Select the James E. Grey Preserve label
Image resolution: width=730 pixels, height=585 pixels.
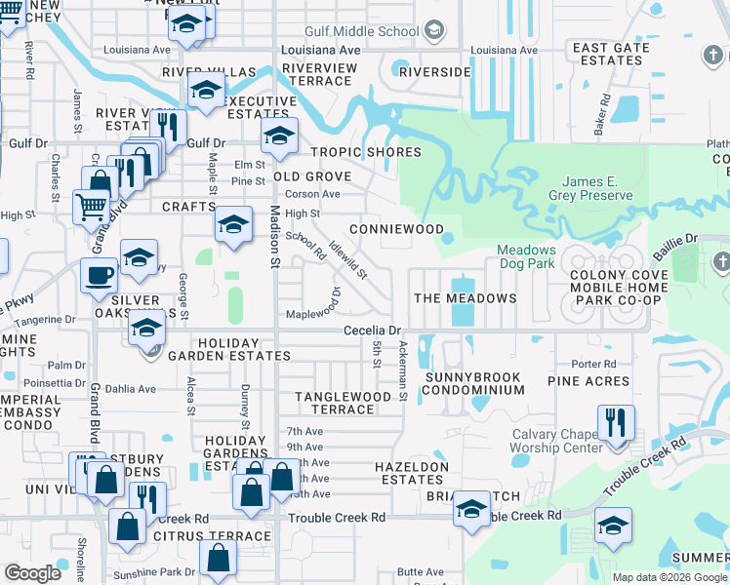pos(598,188)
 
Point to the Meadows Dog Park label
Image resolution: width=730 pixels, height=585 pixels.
pos(526,256)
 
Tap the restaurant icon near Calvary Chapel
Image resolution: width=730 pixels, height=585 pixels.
pos(616,423)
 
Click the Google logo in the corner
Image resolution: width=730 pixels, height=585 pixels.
pos(32,573)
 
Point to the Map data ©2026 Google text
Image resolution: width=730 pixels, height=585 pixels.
pos(670,577)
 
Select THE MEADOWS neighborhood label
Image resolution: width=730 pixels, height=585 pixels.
pos(465,297)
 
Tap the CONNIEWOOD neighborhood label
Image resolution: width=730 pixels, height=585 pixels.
pos(390,229)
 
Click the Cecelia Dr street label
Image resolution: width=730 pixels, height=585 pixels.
pos(373,331)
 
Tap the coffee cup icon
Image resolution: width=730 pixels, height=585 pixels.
pos(99,275)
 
